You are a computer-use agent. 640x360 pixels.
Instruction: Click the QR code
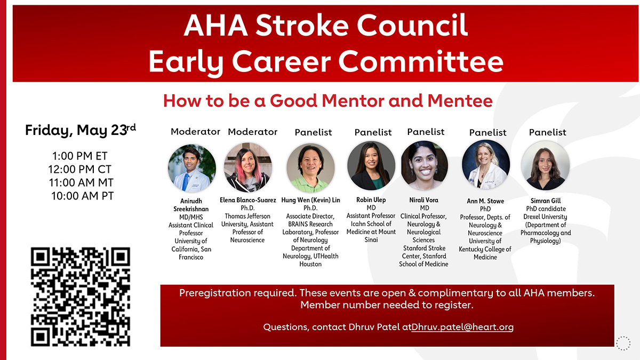tap(81, 297)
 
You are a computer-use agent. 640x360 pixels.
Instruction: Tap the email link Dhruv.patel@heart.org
tap(462, 327)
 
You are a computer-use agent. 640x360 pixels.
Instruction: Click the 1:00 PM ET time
tap(79, 156)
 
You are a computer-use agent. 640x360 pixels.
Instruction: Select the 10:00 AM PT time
tap(82, 196)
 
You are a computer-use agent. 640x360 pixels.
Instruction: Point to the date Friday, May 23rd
tap(81, 130)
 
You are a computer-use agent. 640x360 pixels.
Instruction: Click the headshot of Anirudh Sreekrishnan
tap(192, 168)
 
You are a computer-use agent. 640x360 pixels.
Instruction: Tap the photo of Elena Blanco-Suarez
tap(248, 167)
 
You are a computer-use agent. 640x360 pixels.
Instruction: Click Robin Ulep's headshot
tap(371, 166)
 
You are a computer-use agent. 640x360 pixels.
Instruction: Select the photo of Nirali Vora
tap(425, 165)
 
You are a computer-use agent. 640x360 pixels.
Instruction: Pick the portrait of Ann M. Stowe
tap(486, 164)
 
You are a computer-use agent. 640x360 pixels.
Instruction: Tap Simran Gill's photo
tap(546, 165)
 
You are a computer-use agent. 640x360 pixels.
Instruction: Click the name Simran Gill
tap(546, 201)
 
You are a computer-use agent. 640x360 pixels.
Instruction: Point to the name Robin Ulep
tap(371, 199)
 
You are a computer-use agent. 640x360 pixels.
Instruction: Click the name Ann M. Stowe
tap(485, 201)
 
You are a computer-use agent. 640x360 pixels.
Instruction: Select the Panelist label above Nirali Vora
tap(426, 132)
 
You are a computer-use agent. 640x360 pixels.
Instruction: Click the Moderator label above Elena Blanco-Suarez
tap(253, 132)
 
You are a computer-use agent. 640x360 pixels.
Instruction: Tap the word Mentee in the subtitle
tap(460, 101)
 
